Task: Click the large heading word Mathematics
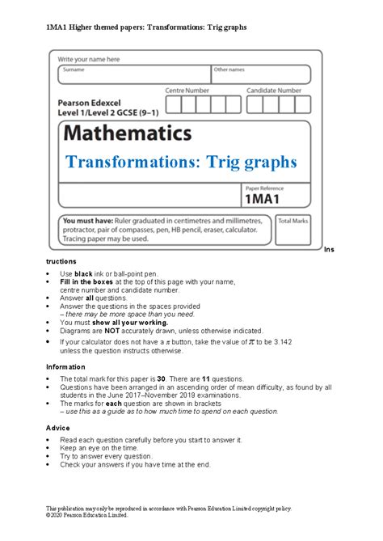128,133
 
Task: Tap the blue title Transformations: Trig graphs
182,162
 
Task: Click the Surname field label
74,70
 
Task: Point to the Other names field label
229,70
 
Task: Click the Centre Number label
187,91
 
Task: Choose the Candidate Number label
274,91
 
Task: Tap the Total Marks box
293,232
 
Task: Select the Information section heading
65,366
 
